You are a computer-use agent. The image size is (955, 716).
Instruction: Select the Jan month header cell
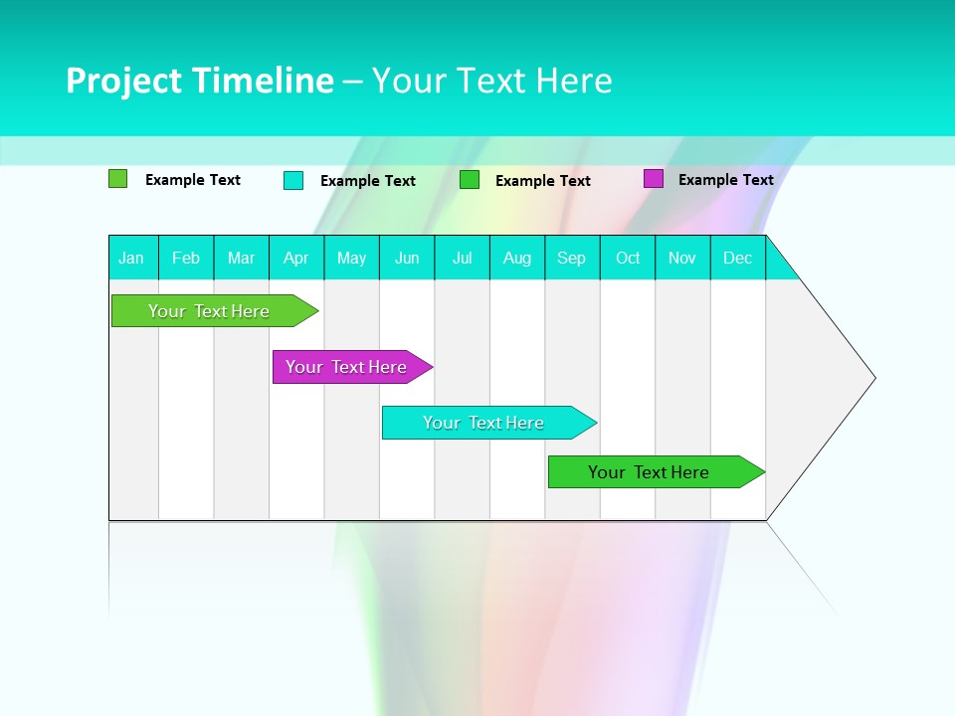pyautogui.click(x=131, y=258)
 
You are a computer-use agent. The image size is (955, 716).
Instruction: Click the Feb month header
pyautogui.click(x=186, y=258)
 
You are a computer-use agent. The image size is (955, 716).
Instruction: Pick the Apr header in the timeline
pyautogui.click(x=296, y=258)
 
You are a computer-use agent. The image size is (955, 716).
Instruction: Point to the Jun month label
pyautogui.click(x=407, y=258)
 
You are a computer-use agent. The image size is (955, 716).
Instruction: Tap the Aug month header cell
pyautogui.click(x=517, y=258)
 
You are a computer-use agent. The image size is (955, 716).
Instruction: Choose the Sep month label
pyautogui.click(x=572, y=258)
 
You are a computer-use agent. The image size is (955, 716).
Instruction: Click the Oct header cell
pyautogui.click(x=628, y=258)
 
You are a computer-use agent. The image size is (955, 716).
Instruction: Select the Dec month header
pyautogui.click(x=738, y=258)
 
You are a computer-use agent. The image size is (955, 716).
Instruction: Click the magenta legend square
pyautogui.click(x=654, y=179)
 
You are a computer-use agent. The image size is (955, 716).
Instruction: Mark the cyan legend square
pyautogui.click(x=293, y=180)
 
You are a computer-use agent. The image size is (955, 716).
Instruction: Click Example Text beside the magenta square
pyautogui.click(x=725, y=180)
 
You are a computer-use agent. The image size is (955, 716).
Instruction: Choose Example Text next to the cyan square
pyautogui.click(x=368, y=181)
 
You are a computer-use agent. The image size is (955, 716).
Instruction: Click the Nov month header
pyautogui.click(x=682, y=258)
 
